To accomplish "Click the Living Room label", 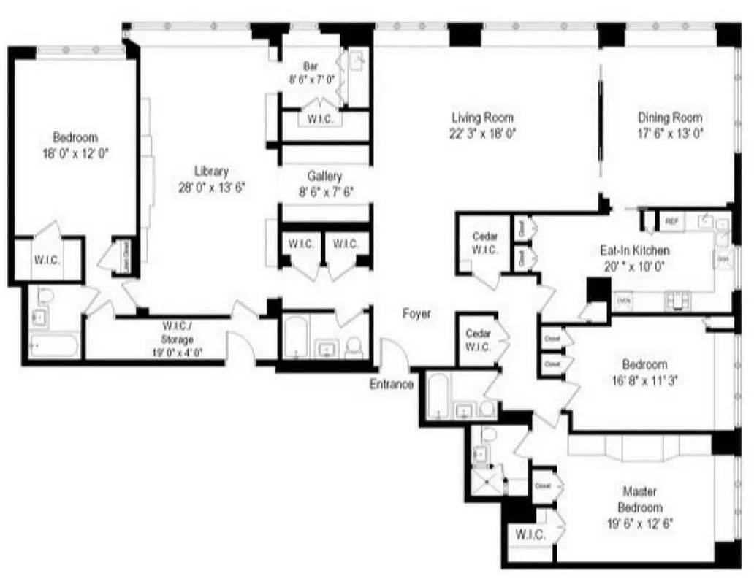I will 482,118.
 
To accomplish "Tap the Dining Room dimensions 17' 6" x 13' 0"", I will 670,134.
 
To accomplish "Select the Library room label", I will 211,172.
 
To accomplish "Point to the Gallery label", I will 324,177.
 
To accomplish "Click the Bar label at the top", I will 311,66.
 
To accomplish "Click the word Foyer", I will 416,314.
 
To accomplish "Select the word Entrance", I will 391,385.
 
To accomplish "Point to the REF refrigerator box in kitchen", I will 671,220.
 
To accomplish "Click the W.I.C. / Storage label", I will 178,334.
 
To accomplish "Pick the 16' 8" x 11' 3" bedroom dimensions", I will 644,380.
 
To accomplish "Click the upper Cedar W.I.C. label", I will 485,242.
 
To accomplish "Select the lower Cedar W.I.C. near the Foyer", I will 478,339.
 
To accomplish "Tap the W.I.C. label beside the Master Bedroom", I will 530,535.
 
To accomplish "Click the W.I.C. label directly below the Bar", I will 321,119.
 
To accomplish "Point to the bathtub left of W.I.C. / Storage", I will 54,344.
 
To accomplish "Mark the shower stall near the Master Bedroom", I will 487,480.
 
